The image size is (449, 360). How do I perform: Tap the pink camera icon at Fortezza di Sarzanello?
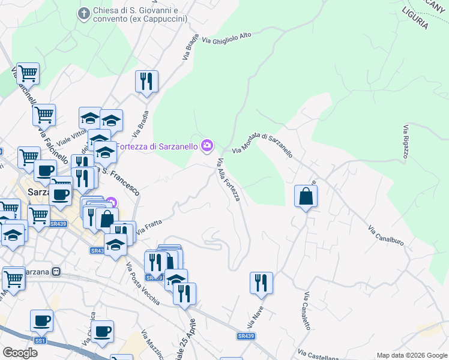pos(207,145)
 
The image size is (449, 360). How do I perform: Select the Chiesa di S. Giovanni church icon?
pos(84,13)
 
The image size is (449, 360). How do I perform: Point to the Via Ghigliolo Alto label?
pos(227,37)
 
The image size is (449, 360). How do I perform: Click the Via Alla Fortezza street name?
pos(229,179)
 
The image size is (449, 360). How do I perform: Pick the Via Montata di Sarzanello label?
pos(262,145)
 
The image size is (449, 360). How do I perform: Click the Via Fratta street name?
pos(149,226)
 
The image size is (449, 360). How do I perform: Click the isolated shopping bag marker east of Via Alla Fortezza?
pos(306,196)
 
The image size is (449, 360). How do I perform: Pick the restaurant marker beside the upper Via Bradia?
pos(146,81)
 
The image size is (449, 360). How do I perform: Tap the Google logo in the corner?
pos(20,352)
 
